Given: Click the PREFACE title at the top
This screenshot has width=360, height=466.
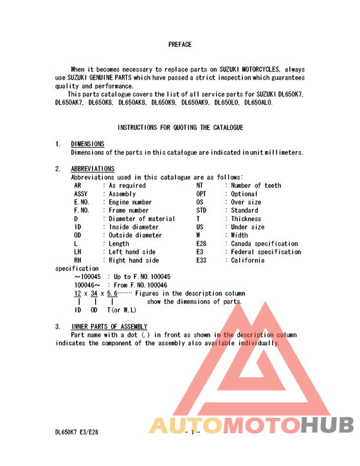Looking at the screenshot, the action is click(x=180, y=45).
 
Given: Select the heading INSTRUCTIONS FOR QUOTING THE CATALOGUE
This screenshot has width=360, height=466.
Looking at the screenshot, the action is click(x=180, y=128).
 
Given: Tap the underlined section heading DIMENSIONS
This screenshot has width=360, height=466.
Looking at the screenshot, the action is click(x=87, y=144).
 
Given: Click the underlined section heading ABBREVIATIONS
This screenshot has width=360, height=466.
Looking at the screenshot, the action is click(x=93, y=169).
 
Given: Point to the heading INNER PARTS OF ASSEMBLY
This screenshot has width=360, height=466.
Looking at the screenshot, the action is click(x=109, y=327).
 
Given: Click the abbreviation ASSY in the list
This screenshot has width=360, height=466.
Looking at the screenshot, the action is click(x=81, y=194).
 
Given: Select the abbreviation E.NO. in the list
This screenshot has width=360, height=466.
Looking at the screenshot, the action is click(x=82, y=202).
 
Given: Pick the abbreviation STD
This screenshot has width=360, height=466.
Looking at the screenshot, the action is click(x=202, y=211).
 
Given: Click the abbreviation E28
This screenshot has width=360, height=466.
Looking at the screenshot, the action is click(x=202, y=244).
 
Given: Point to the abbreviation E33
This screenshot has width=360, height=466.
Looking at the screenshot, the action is click(x=202, y=261).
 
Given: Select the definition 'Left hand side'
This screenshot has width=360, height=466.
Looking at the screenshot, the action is click(x=132, y=253).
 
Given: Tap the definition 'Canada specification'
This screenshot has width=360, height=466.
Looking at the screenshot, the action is click(x=264, y=244).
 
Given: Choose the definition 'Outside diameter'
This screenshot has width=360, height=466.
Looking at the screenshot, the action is click(x=136, y=236).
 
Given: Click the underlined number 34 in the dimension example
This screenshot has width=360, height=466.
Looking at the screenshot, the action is click(x=94, y=293).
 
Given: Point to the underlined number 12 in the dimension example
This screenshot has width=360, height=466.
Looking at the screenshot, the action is click(x=77, y=293).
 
